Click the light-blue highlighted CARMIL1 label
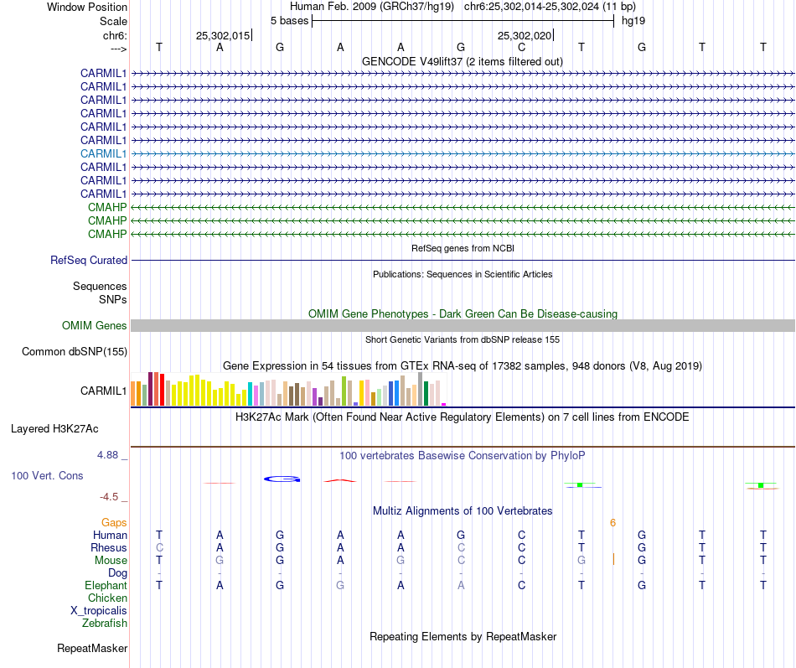tap(104, 153)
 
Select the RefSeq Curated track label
tap(89, 261)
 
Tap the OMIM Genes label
tap(95, 326)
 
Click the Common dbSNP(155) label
tap(75, 352)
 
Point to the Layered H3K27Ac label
tap(54, 429)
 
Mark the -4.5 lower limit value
tap(112, 497)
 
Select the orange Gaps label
tap(114, 523)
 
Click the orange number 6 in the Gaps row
tap(613, 523)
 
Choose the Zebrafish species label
tap(105, 624)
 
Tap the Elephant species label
tap(106, 586)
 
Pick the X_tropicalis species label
tap(99, 611)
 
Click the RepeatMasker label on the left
tap(92, 649)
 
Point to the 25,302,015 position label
tap(223, 36)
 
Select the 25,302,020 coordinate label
tap(525, 36)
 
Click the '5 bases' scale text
tap(289, 20)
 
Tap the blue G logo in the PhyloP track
tap(282, 479)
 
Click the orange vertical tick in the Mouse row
tap(613, 560)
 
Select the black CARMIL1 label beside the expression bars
tap(104, 391)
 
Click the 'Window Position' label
tap(87, 7)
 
